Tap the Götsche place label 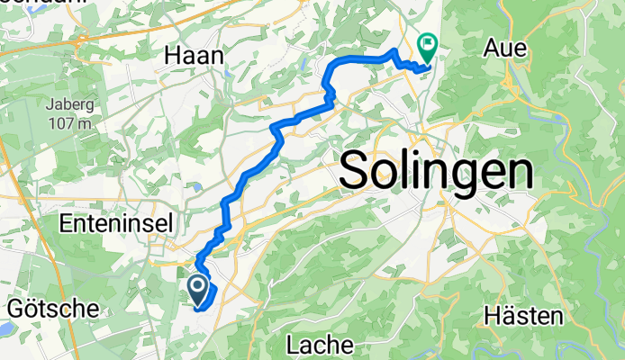53,309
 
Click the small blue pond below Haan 195,188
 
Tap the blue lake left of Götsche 3,329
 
